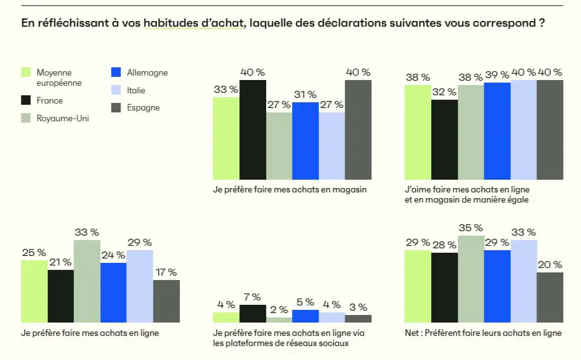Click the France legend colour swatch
pyautogui.click(x=26, y=100)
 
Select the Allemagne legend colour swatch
pyautogui.click(x=116, y=72)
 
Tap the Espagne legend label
pyautogui.click(x=143, y=107)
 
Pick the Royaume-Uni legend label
pyautogui.click(x=62, y=118)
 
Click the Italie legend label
pyautogui.click(x=136, y=90)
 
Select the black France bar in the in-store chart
pyautogui.click(x=252, y=130)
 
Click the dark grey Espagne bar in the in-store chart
pyautogui.click(x=358, y=130)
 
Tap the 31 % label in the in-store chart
pyautogui.click(x=305, y=95)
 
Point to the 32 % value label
pyautogui.click(x=444, y=91)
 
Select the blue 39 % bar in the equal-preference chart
pyautogui.click(x=497, y=131)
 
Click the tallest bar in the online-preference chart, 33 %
pyautogui.click(x=87, y=281)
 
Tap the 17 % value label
pyautogui.click(x=166, y=272)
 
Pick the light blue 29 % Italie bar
pyautogui.click(x=140, y=286)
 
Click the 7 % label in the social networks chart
pyautogui.click(x=252, y=297)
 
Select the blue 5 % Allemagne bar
pyautogui.click(x=305, y=316)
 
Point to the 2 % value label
pyautogui.click(x=279, y=310)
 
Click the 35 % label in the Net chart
pyautogui.click(x=470, y=227)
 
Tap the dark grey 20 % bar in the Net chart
pyautogui.click(x=550, y=297)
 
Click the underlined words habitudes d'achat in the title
pyautogui.click(x=194, y=23)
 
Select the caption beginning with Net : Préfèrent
pyautogui.click(x=483, y=333)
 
